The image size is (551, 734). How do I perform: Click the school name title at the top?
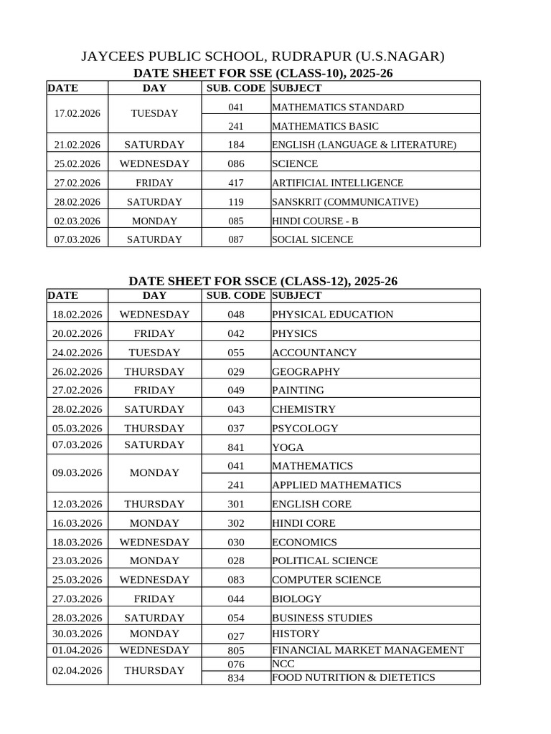(x=263, y=56)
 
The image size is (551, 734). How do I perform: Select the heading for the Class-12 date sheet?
(x=263, y=281)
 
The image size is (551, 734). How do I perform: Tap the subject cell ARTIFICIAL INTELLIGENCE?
(x=337, y=183)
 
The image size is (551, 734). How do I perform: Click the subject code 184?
(x=236, y=145)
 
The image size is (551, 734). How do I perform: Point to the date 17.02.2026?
(x=77, y=113)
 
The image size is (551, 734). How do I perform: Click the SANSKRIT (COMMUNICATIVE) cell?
(x=344, y=202)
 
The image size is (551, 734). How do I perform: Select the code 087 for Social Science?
(x=236, y=239)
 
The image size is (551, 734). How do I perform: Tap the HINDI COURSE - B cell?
(x=314, y=221)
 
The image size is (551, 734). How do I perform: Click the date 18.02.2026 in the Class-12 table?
(x=77, y=314)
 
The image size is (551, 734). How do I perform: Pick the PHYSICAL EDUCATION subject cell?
(x=332, y=314)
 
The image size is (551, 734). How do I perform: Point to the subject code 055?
(x=236, y=353)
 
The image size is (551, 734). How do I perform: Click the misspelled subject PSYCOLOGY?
(x=305, y=429)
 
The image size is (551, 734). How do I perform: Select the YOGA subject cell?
(x=288, y=447)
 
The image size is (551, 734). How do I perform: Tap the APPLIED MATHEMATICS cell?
(x=336, y=485)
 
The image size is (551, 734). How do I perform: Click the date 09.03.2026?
(x=77, y=473)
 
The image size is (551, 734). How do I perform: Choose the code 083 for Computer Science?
(x=236, y=580)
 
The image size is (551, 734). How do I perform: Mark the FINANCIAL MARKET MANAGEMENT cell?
(x=367, y=650)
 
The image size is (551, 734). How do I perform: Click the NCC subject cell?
(x=279, y=664)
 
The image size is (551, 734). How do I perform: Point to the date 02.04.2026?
(x=77, y=671)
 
